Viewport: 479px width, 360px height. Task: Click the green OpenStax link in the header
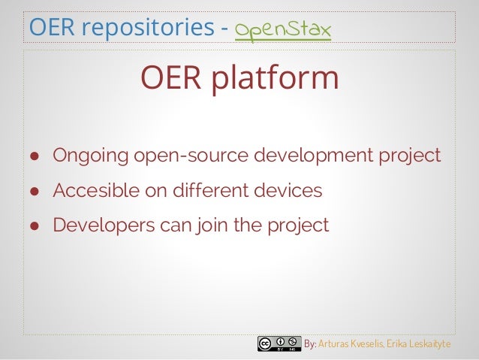click(x=284, y=29)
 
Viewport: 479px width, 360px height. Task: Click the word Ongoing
click(x=90, y=156)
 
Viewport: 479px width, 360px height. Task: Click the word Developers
click(x=99, y=225)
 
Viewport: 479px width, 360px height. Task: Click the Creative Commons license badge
click(x=279, y=344)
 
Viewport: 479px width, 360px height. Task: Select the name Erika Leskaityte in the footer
click(x=420, y=344)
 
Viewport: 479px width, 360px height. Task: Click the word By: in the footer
click(x=309, y=344)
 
